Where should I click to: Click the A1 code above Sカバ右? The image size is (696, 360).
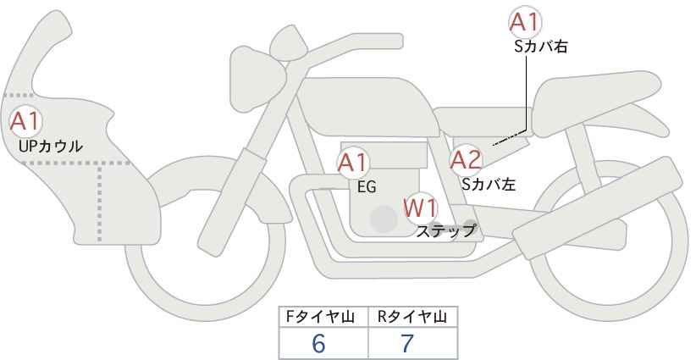pos(525,22)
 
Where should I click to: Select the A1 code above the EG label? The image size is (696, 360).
pos(353,163)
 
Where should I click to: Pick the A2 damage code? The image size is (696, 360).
pos(466,160)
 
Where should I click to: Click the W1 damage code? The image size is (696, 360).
pos(420,208)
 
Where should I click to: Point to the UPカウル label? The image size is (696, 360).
pos(51,146)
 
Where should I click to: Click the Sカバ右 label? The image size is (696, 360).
pos(541,47)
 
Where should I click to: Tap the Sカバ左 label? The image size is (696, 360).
pos(489,184)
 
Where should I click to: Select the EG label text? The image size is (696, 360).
pos(367,187)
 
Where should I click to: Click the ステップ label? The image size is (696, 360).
pos(445,231)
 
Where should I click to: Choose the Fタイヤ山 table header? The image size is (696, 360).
pos(320,317)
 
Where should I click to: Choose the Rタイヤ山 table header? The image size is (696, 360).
pos(412,317)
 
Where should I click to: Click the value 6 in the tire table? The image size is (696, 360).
pos(318,343)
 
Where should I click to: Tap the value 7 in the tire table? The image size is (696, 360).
pos(406,343)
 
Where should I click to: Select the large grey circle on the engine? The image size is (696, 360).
pos(384,219)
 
